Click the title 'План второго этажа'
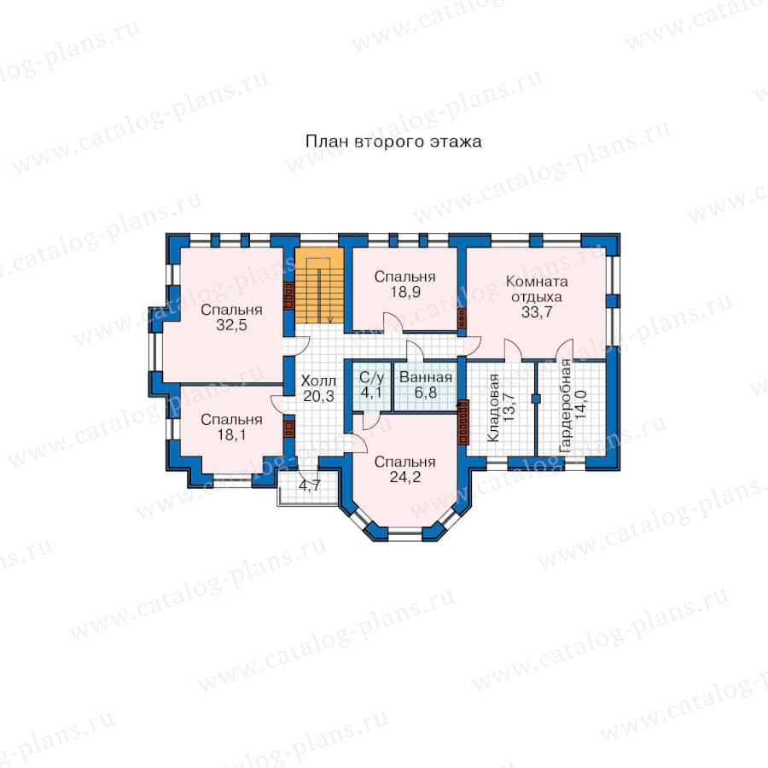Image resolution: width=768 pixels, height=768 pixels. tap(393, 142)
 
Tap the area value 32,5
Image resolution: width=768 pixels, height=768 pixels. tap(231, 325)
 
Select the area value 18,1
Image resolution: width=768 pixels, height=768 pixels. tap(231, 434)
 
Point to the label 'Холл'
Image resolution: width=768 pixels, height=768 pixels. tap(318, 381)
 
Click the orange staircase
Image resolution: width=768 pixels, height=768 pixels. tap(319, 286)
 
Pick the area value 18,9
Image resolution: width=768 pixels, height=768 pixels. tap(405, 292)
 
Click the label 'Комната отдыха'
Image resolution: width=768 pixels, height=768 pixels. tap(537, 289)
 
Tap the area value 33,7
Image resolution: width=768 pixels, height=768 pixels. tap(537, 312)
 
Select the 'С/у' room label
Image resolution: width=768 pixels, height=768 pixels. tap(372, 378)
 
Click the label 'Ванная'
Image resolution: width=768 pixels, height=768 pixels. tap(426, 378)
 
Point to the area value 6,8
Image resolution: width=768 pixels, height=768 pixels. tap(426, 393)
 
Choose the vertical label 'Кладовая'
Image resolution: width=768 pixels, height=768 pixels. tap(493, 408)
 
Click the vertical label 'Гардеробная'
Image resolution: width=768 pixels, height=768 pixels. tap(565, 405)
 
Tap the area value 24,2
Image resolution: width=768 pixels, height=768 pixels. tap(405, 477)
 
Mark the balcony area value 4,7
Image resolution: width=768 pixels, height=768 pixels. tap(310, 486)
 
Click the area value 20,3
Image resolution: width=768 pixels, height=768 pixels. tap(318, 396)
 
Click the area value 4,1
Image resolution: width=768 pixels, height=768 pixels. tap(372, 393)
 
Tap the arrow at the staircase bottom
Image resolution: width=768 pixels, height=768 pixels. tap(330, 320)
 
